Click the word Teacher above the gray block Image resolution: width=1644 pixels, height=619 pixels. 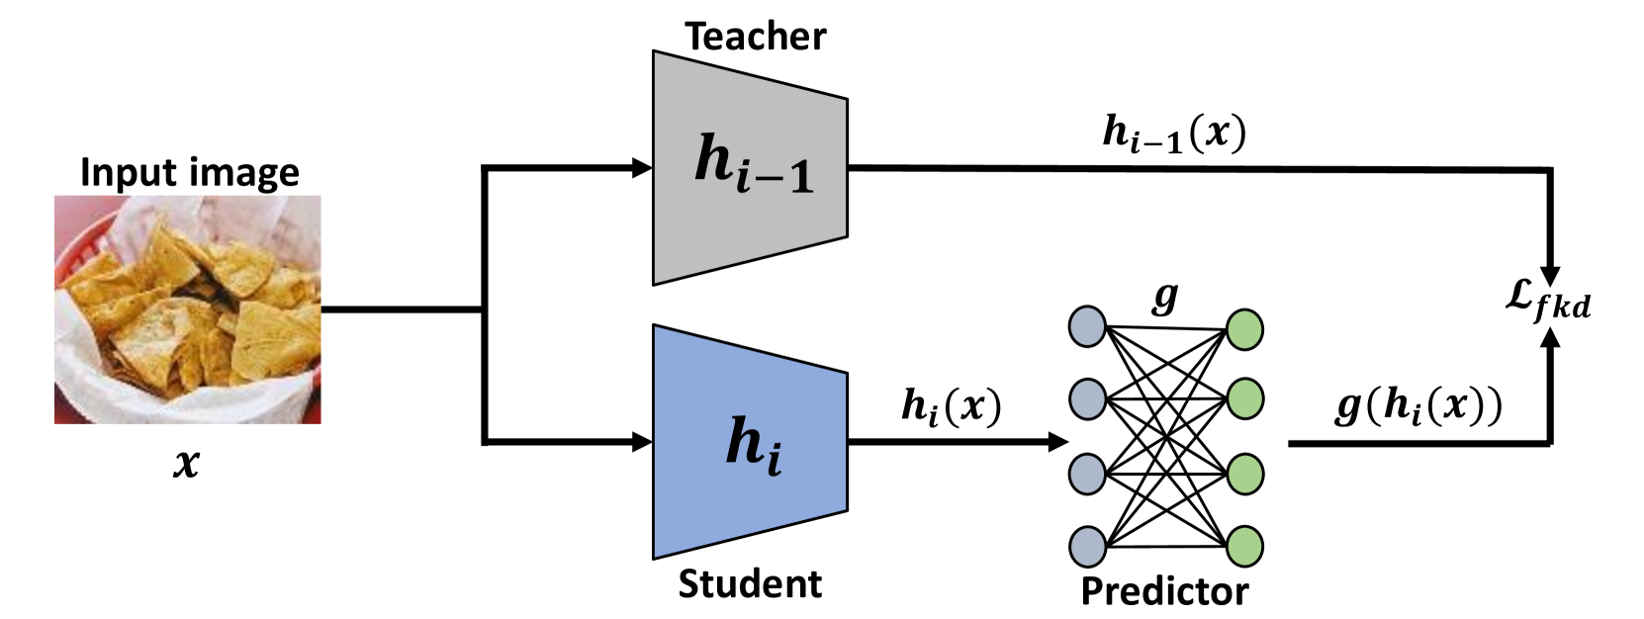[755, 37]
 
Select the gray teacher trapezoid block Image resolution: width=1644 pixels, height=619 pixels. [750, 168]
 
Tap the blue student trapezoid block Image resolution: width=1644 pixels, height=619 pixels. [750, 442]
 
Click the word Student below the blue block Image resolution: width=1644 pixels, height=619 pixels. [750, 584]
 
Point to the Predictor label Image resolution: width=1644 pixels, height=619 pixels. [1164, 591]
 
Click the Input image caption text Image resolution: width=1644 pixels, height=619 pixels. [189, 172]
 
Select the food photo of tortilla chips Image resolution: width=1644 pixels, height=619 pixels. [188, 309]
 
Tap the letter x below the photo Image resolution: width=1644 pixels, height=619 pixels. [186, 462]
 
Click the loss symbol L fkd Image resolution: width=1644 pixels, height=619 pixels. [1547, 300]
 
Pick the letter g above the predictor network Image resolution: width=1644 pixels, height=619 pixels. [1166, 296]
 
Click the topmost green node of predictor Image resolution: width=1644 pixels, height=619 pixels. [1244, 330]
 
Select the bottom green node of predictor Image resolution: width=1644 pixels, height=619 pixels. [1244, 546]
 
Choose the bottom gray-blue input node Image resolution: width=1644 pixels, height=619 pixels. [1087, 547]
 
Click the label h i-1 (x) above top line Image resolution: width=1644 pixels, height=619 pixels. [1173, 133]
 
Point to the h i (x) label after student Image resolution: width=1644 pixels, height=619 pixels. [951, 406]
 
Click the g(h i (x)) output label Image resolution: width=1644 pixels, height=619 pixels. [1417, 405]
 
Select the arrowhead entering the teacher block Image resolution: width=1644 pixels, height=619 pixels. [642, 168]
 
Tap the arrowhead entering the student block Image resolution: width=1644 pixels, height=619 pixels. [642, 442]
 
